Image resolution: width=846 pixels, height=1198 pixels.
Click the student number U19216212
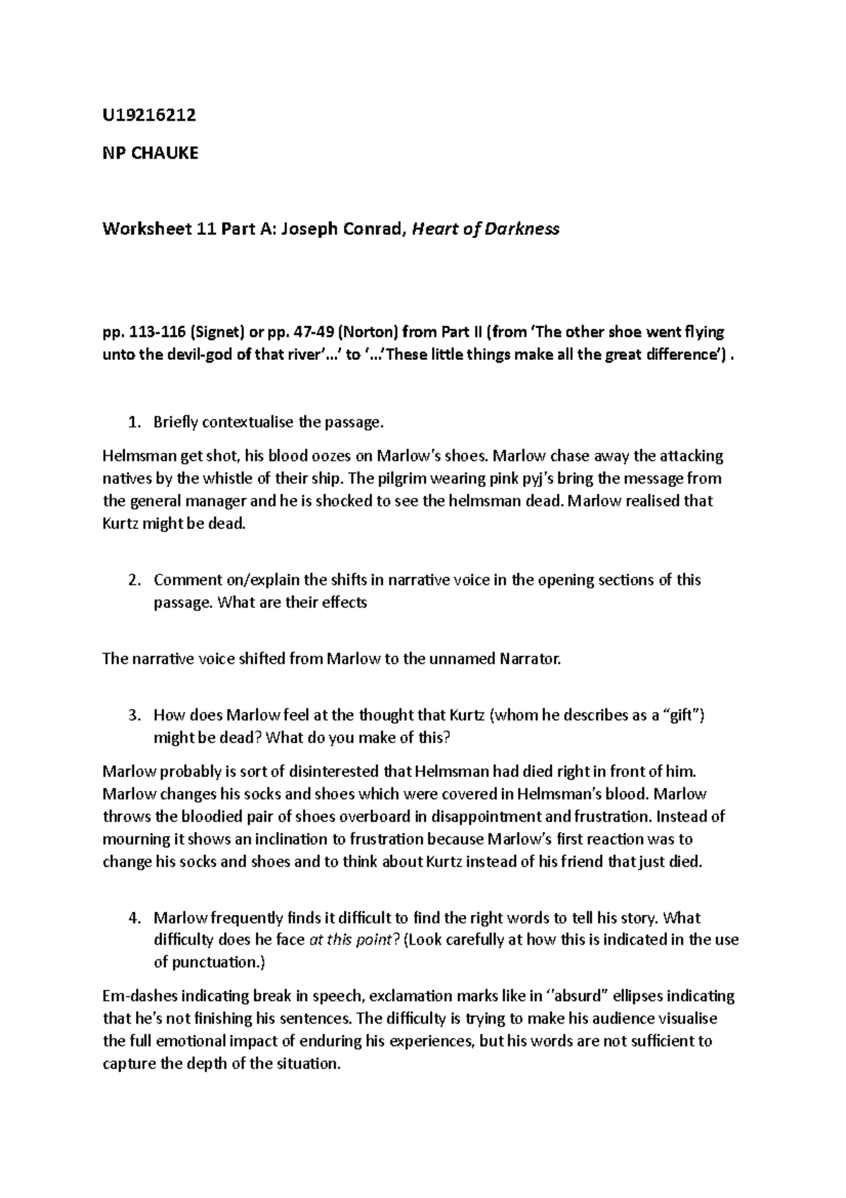coord(149,115)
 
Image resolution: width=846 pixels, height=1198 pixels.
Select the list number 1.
coord(133,423)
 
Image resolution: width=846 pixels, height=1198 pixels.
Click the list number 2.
coord(133,580)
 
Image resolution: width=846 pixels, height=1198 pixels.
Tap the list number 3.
coord(133,715)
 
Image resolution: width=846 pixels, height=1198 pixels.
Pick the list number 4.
coord(133,918)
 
